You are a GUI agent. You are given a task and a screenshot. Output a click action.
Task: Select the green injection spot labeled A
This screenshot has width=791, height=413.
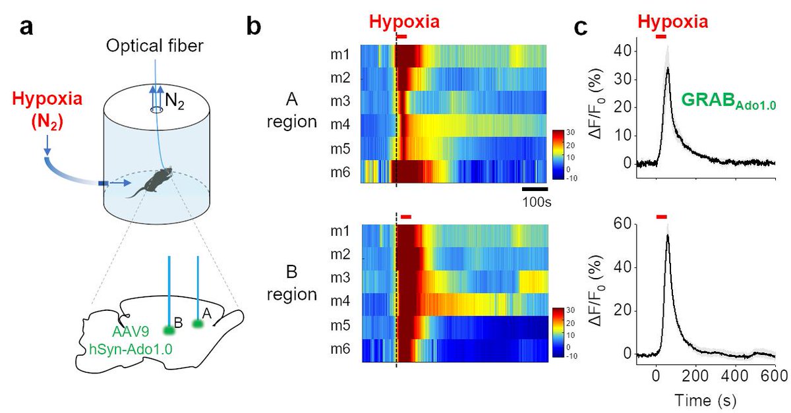tap(197, 323)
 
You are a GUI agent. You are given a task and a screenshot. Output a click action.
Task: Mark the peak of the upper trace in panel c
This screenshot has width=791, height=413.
tap(668, 69)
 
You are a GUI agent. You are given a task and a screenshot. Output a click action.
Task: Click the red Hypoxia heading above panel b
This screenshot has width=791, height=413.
tap(403, 21)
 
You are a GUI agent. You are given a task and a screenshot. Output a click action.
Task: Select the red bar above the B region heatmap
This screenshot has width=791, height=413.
tap(405, 217)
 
